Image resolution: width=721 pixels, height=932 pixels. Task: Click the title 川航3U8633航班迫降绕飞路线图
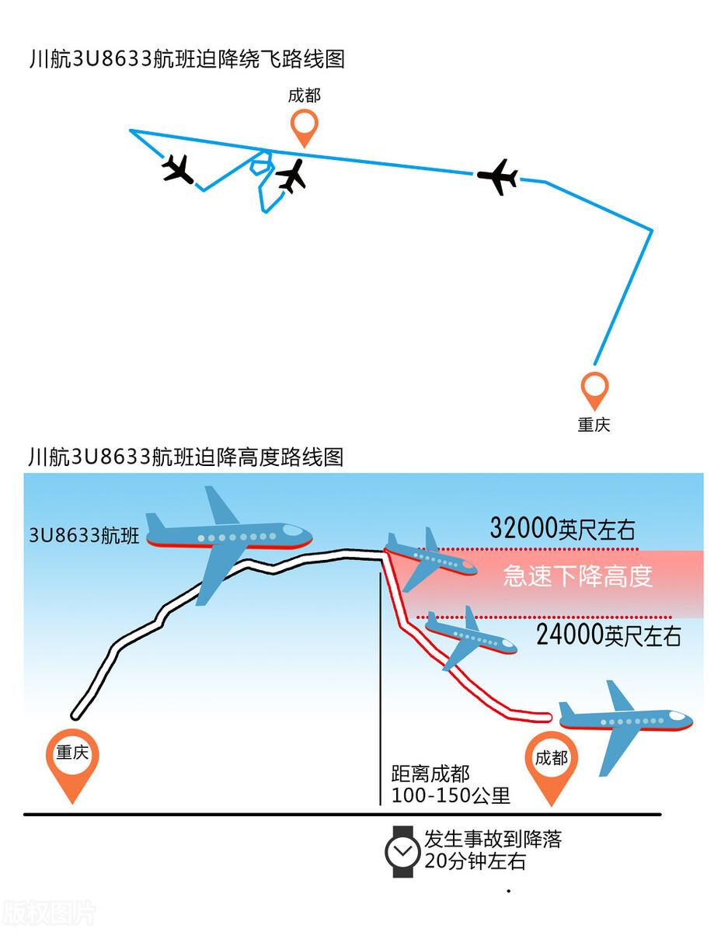coord(186,60)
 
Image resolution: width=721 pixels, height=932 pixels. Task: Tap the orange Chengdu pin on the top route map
coord(304,126)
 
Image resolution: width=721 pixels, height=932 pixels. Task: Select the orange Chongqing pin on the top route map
coord(594,389)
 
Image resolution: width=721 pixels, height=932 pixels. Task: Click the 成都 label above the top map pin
coord(304,96)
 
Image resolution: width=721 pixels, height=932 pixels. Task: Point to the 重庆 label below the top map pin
coord(594,424)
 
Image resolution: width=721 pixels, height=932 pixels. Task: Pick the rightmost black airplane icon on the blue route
coord(497,177)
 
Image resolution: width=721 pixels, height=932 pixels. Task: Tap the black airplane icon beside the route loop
coord(291,176)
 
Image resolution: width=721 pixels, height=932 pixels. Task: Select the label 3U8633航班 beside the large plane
coord(84,535)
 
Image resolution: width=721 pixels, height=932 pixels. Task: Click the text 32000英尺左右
coord(563,529)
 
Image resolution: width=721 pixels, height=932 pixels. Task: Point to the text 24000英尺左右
coord(608,636)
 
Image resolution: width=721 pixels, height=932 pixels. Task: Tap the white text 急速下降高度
coord(577,576)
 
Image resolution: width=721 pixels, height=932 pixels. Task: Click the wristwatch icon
coord(403,851)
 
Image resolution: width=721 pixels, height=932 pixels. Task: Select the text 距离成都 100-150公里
coord(451,784)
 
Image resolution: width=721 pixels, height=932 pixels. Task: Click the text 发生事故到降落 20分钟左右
coord(493,850)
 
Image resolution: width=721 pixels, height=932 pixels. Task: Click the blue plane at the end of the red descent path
coord(625,722)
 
